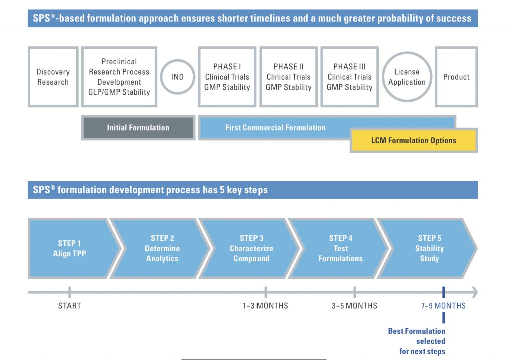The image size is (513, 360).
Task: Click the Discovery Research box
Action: pyautogui.click(x=53, y=77)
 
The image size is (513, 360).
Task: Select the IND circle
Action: pyautogui.click(x=178, y=77)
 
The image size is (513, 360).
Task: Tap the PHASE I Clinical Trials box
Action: pyautogui.click(x=227, y=77)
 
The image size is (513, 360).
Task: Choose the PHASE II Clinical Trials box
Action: pyautogui.click(x=288, y=77)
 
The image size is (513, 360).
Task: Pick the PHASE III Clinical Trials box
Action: pyautogui.click(x=349, y=77)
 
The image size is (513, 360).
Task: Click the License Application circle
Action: pyautogui.click(x=407, y=77)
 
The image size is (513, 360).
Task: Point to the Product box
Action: pyautogui.click(x=456, y=77)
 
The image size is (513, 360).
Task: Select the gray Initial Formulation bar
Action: pyautogui.click(x=138, y=128)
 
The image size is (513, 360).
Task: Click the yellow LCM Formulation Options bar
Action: pyautogui.click(x=413, y=140)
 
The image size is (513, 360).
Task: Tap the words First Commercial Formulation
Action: pyautogui.click(x=276, y=128)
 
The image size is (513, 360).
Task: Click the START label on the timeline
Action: pyautogui.click(x=69, y=306)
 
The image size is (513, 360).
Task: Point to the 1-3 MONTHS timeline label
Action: pyautogui.click(x=266, y=306)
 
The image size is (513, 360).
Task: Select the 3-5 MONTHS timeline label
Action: pyautogui.click(x=354, y=306)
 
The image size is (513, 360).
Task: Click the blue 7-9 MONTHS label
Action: pyautogui.click(x=443, y=306)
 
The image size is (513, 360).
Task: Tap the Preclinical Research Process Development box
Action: pyautogui.click(x=119, y=77)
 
